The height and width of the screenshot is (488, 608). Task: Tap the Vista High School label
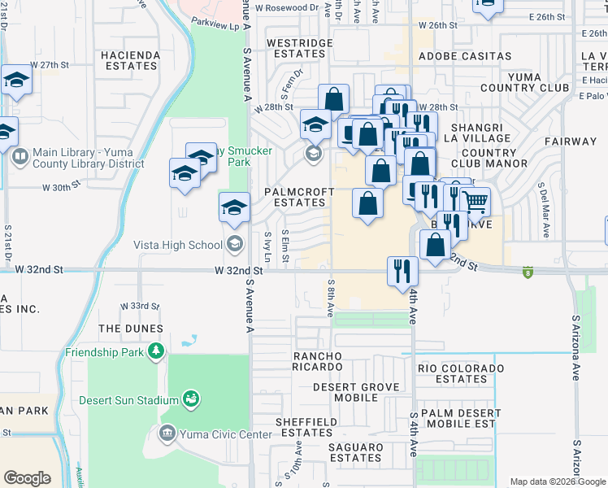tap(178, 245)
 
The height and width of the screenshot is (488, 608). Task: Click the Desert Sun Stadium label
tap(128, 400)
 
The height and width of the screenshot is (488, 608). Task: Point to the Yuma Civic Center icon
tap(167, 434)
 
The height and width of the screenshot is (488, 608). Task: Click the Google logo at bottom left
tap(27, 478)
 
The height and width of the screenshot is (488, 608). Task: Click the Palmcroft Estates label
tap(295, 197)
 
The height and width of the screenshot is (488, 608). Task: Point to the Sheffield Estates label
tap(306, 427)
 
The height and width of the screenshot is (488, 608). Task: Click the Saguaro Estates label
tap(355, 452)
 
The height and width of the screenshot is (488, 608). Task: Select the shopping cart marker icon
tap(475, 199)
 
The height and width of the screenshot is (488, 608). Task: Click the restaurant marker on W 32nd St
tap(402, 270)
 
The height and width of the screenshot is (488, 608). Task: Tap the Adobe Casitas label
tap(465, 56)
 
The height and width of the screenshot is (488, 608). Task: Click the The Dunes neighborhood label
tap(131, 329)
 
